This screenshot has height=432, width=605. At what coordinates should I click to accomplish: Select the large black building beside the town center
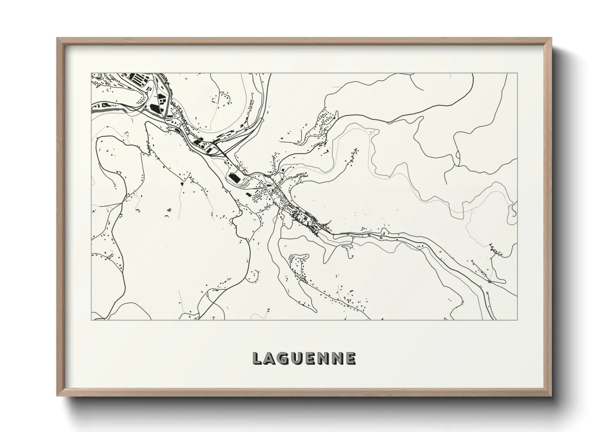[x=234, y=178]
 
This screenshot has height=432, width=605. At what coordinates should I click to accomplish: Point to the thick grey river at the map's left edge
[x=98, y=109]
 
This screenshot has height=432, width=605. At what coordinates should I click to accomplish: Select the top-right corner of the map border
[x=517, y=73]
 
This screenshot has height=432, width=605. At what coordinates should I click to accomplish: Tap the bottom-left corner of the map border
[x=91, y=320]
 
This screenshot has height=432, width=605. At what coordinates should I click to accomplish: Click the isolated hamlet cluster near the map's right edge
[x=495, y=250]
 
